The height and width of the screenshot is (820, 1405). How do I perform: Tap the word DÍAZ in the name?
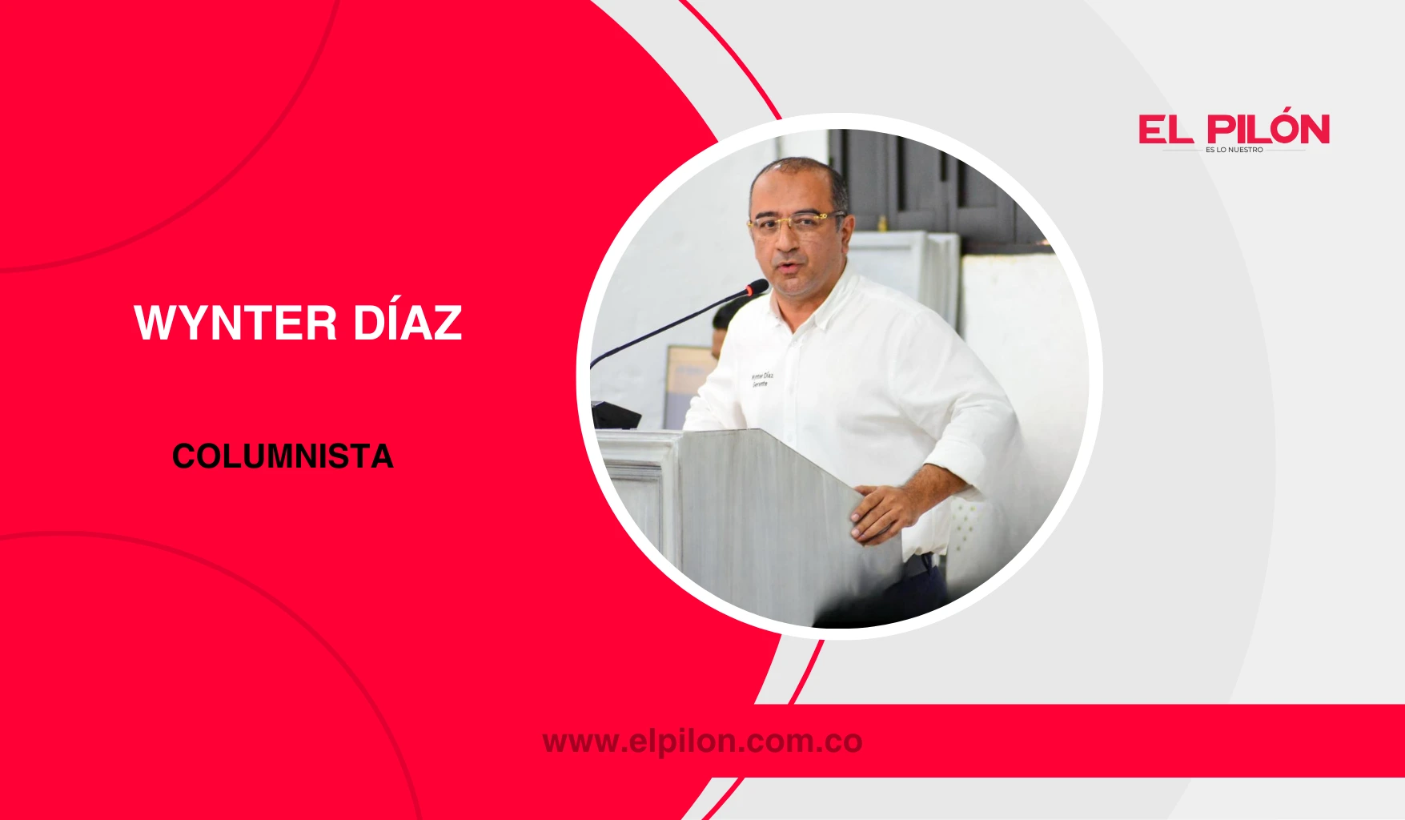[x=407, y=323]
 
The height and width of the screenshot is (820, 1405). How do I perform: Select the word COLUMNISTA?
[x=283, y=456]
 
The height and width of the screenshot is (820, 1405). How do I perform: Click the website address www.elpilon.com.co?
[x=702, y=742]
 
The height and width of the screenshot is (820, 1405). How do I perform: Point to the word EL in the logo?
[x=1166, y=131]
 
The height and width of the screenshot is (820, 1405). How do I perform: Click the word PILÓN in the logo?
[x=1269, y=130]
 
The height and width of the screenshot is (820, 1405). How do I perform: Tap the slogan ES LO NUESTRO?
[x=1234, y=150]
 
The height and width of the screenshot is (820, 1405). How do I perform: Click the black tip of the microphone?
[x=757, y=287]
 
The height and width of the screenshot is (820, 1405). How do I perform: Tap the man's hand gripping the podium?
[x=881, y=512]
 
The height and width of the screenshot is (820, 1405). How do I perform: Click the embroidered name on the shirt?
[x=761, y=380]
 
